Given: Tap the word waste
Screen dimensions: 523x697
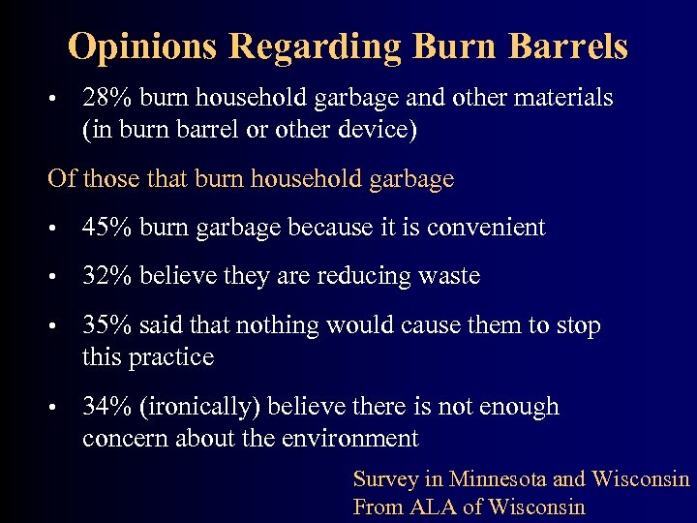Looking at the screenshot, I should [x=450, y=276].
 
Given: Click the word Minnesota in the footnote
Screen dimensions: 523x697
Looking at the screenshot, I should [x=498, y=479].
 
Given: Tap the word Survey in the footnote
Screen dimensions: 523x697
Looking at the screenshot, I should [x=385, y=479].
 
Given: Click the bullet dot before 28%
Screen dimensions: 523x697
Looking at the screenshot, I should [x=60, y=99].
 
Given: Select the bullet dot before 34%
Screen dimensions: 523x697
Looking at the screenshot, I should [x=60, y=408].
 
